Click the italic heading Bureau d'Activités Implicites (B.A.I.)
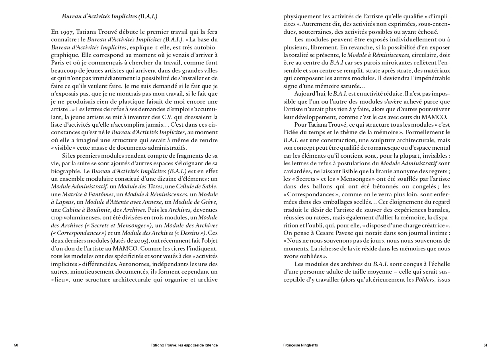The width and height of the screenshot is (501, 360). [x=109, y=17]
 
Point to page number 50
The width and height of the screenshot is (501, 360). [x=16, y=345]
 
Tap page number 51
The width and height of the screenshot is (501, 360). [x=485, y=345]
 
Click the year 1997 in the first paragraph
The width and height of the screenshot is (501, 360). [x=66, y=32]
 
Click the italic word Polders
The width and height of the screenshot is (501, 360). [x=424, y=279]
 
